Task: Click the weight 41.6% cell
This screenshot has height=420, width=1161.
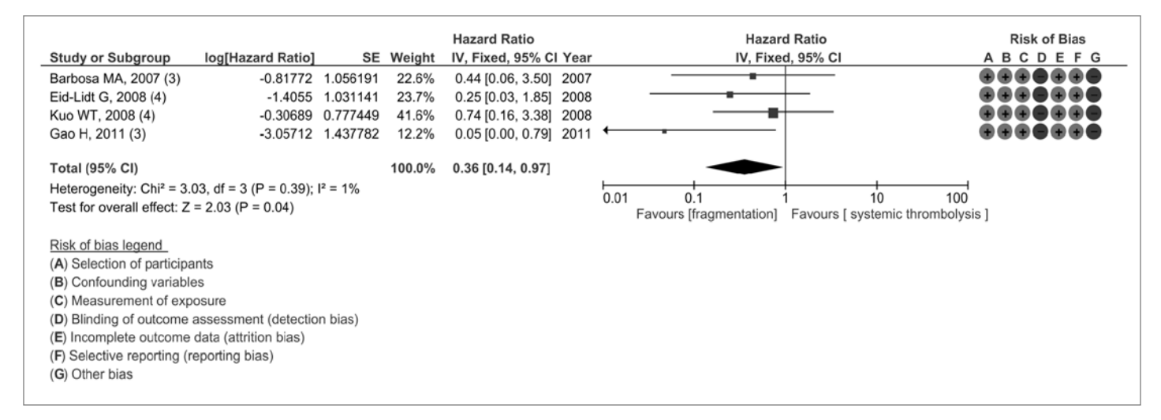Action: tap(419, 112)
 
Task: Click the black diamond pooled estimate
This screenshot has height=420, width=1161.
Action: tap(745, 167)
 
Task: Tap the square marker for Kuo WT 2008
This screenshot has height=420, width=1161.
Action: tap(773, 113)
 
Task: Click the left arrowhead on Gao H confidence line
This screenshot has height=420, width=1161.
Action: tap(607, 130)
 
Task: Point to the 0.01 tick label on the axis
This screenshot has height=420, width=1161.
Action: tap(613, 197)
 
